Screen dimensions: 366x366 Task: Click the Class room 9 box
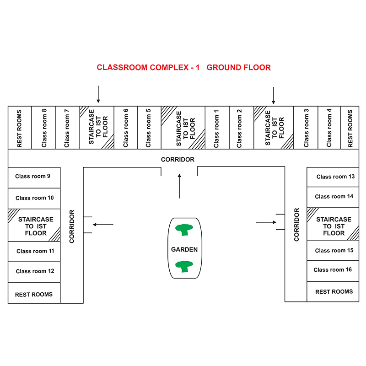34,178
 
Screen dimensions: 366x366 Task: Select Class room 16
333,271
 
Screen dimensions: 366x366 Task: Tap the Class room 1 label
216,129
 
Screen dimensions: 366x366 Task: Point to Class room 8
43,128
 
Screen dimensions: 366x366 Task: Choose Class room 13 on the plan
333,177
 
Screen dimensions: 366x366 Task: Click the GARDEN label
184,249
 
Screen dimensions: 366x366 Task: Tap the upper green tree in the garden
184,230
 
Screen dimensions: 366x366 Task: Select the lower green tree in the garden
184,266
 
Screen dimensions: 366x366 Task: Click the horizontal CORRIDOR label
178,159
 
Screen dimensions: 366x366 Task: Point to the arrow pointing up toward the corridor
179,186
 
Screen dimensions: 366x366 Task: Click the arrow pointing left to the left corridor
103,225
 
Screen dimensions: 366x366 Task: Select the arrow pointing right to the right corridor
266,222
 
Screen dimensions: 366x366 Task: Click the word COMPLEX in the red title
169,67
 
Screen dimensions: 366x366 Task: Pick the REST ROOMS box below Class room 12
34,293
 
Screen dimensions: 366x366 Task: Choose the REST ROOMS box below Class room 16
333,291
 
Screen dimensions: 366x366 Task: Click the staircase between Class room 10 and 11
34,225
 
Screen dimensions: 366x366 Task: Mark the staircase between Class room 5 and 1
183,128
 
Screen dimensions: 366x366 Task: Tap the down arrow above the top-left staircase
98,94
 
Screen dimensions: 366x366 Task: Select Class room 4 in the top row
329,128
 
